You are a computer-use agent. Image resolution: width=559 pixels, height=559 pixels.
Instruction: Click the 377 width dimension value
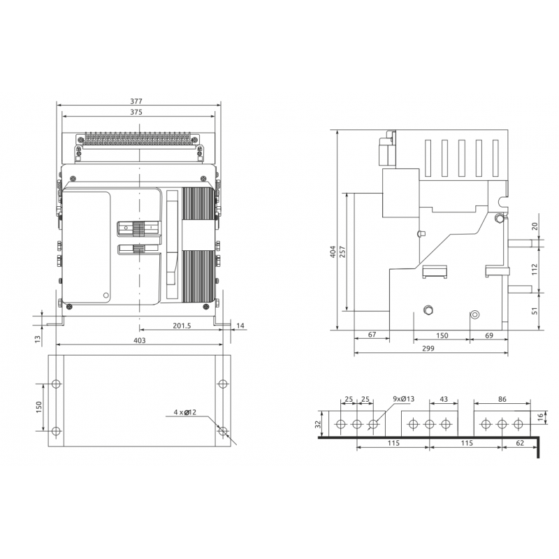coord(136,101)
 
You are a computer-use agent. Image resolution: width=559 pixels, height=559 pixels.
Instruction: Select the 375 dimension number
coord(136,112)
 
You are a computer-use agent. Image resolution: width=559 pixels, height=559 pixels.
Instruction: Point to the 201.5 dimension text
coord(182,326)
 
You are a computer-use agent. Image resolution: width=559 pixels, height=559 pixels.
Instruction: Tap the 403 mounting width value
coord(139,340)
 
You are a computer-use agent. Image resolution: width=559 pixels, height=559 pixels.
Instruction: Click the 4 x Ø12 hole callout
coord(184,412)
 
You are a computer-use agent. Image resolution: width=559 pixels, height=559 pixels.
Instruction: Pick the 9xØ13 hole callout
coord(404,399)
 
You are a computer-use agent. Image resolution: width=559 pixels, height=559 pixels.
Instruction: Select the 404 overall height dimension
coord(333,252)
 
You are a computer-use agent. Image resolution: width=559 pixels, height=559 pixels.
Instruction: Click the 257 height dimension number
coord(342,252)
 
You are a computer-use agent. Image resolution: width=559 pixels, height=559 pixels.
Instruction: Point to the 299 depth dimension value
coord(428,348)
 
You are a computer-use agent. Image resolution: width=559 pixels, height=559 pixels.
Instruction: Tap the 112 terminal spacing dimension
coord(534,269)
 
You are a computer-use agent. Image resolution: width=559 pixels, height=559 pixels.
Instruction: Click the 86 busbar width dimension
coord(502,399)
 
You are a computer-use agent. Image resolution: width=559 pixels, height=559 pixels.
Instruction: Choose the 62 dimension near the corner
coord(520,443)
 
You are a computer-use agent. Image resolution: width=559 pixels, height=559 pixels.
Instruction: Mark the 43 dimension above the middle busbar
coord(444,399)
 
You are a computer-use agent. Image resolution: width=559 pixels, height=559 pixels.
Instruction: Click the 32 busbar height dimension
coord(319,424)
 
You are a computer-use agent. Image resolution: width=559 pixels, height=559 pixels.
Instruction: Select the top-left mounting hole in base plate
coord(56,384)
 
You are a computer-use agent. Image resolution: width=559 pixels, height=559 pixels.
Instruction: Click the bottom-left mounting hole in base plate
coord(56,431)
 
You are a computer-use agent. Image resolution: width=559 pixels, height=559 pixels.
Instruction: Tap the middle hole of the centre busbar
coord(430,424)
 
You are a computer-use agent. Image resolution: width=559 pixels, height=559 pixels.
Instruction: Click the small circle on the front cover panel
coord(106,296)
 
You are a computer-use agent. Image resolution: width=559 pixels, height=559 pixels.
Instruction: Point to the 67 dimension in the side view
coord(372,335)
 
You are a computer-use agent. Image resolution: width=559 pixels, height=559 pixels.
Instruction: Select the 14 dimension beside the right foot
coord(240,326)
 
